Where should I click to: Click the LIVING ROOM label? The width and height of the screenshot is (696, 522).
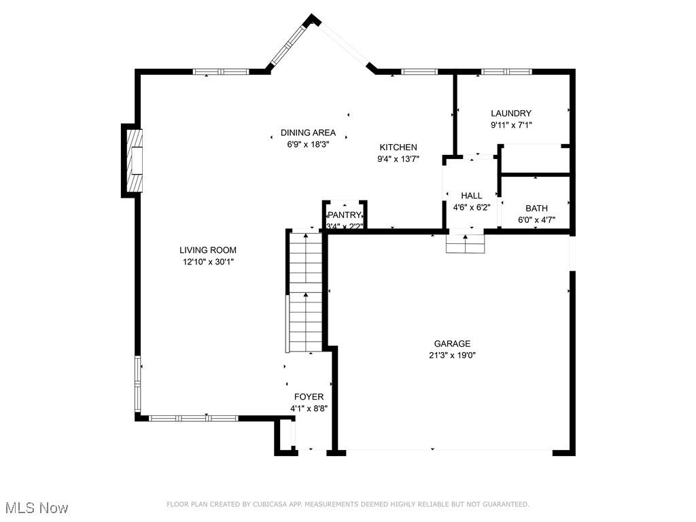208,250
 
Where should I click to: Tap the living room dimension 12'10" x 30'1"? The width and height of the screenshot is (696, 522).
208,261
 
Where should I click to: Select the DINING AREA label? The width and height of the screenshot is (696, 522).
308,133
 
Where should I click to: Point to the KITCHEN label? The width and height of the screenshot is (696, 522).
398,147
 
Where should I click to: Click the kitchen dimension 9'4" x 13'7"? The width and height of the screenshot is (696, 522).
398,159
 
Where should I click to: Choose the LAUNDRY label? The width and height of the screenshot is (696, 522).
511,114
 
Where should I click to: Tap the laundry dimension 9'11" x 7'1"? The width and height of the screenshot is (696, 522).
511,125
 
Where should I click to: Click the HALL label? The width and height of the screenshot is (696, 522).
471,196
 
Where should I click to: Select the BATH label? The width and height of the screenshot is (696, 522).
536,208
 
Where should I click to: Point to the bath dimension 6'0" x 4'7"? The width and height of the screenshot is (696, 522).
536,220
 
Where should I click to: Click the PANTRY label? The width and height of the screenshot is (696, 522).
345,215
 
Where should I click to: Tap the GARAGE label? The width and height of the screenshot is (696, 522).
452,344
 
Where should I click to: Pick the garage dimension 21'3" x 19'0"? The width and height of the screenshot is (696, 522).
452,355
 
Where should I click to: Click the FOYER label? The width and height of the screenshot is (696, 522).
309,397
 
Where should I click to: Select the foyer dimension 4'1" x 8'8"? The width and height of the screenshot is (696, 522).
309,408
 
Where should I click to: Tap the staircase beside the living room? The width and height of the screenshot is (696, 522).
305,292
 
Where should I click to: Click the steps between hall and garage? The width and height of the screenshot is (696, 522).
466,243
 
